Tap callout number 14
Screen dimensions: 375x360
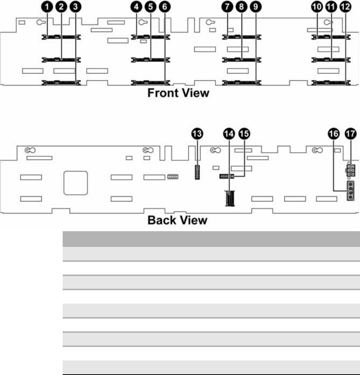(229, 133)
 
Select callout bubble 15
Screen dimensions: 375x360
(245, 133)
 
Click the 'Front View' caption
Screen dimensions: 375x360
(178, 93)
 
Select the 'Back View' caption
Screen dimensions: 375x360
(177, 220)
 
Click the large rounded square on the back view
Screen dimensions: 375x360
(75, 183)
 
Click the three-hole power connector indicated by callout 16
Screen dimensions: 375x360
(350, 191)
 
